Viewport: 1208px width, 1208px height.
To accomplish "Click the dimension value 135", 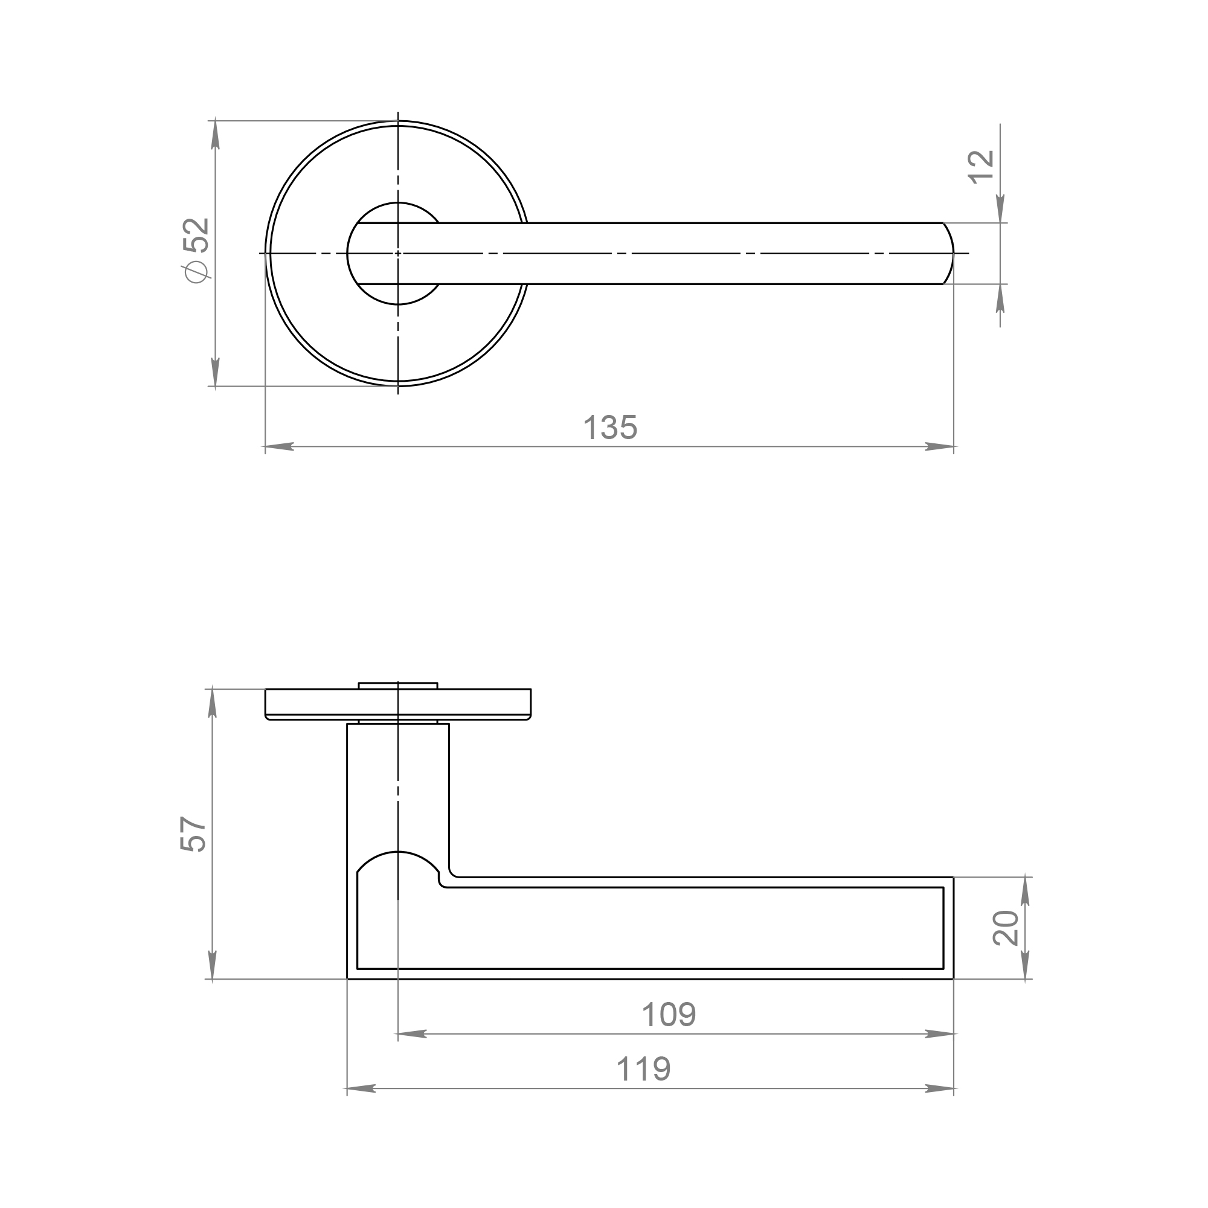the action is (610, 428).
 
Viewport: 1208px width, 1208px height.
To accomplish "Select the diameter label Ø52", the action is (196, 249).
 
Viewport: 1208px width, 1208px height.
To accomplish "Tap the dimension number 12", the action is (981, 167).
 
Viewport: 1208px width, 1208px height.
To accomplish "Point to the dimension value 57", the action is (193, 834).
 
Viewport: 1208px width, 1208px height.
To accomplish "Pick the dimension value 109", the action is (669, 1014).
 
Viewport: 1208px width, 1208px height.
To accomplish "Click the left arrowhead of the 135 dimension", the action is (279, 446).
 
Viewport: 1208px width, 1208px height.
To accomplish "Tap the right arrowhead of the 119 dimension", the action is (939, 1088).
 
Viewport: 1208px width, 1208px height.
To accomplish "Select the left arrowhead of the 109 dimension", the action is (412, 1034).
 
